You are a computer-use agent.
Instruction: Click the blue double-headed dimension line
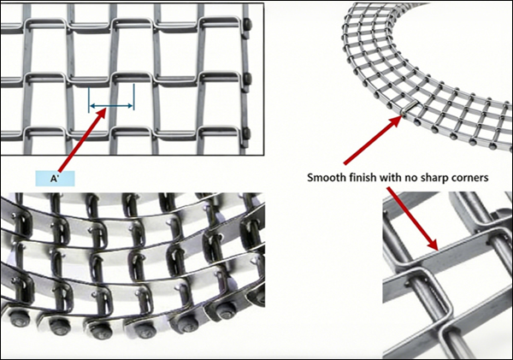coord(111,107)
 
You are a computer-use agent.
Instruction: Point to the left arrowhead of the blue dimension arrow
coord(93,107)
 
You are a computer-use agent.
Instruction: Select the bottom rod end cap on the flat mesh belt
coord(247,133)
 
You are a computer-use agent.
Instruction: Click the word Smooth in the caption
coord(328,179)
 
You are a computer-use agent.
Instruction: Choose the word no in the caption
coord(426,179)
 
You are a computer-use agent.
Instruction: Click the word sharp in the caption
coord(450,179)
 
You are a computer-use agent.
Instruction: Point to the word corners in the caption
coord(488,179)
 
